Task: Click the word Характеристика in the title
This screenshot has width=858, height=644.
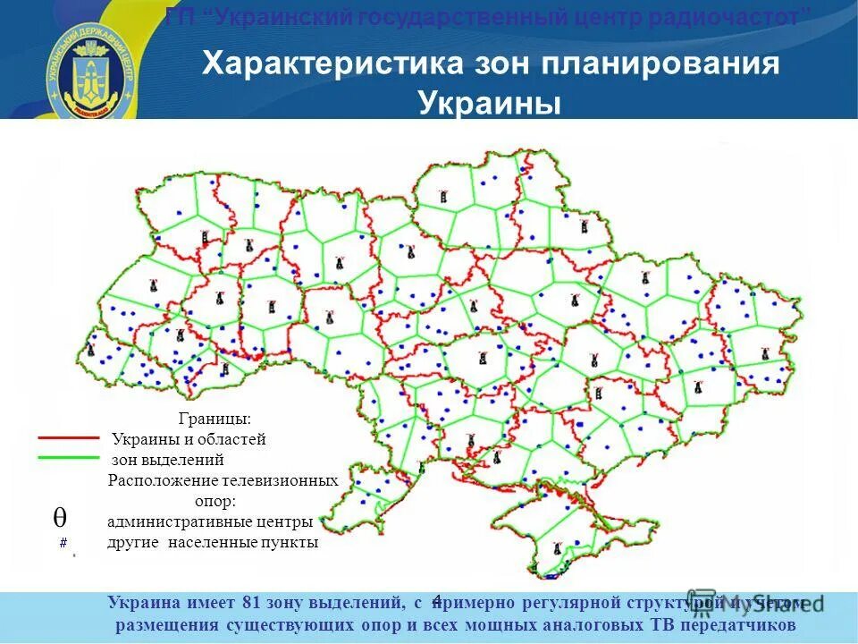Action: [x=332, y=64]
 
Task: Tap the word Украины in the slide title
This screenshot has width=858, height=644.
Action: [x=490, y=104]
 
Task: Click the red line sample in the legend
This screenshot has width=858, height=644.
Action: [x=69, y=438]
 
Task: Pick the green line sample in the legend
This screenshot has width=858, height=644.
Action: [x=69, y=457]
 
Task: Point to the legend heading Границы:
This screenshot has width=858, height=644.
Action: [x=214, y=419]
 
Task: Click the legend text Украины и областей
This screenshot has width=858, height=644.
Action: [x=189, y=439]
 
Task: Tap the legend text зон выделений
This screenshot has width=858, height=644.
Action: [x=167, y=461]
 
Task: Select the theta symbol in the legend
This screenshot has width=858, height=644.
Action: [x=59, y=517]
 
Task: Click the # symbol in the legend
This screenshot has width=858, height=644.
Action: [x=63, y=543]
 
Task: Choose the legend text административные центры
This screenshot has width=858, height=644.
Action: [x=210, y=521]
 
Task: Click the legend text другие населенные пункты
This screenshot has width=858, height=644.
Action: [x=213, y=542]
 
